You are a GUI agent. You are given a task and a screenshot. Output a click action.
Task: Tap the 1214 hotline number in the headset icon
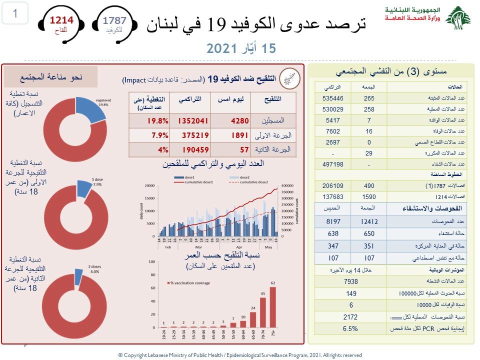click(x=61, y=20)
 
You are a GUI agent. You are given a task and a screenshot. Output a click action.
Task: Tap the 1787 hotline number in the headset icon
click(x=114, y=20)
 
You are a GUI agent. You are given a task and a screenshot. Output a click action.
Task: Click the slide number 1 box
click(x=15, y=13)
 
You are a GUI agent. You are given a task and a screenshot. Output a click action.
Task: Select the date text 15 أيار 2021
click(x=241, y=48)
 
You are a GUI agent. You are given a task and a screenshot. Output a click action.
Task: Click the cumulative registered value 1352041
click(x=190, y=121)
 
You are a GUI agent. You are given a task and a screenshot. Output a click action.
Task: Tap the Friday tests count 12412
click(x=369, y=221)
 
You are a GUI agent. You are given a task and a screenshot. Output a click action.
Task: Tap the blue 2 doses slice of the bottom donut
click(x=78, y=275)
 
